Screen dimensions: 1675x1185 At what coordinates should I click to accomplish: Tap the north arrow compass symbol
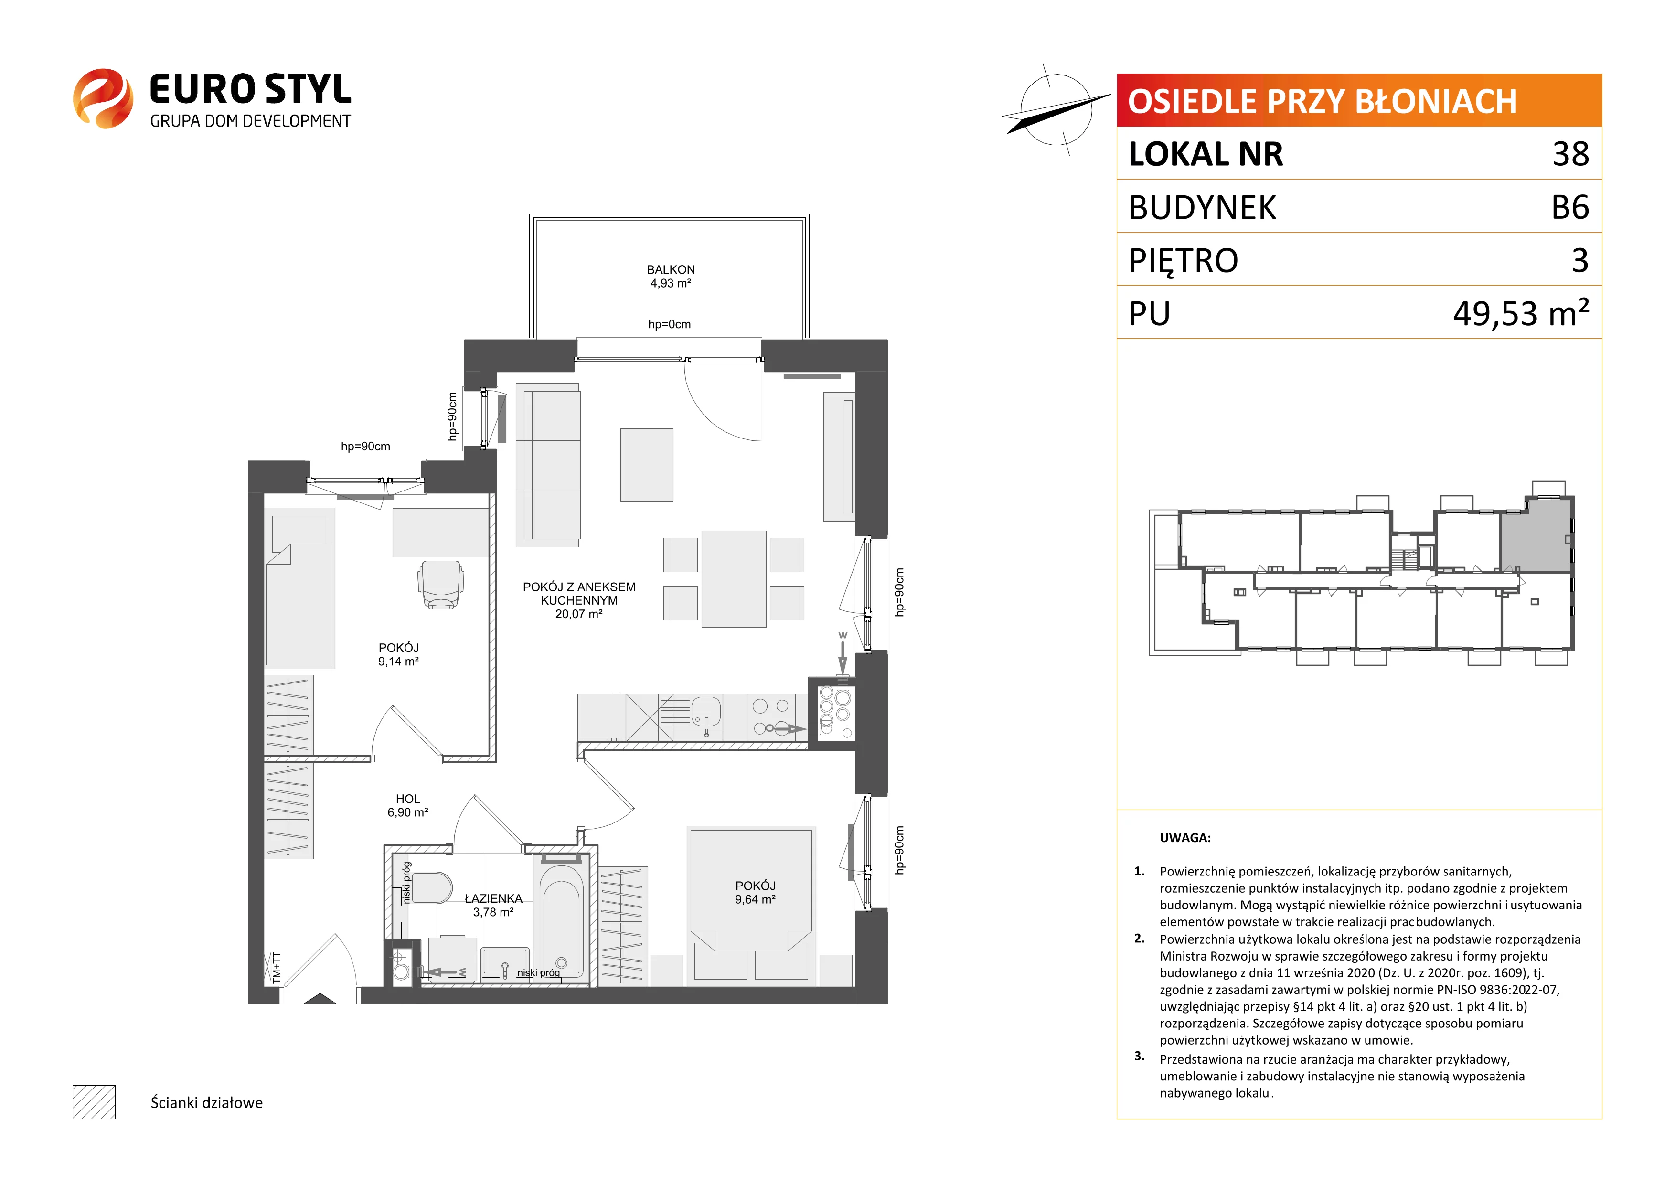[1055, 109]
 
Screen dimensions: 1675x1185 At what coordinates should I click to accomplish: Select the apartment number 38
[1571, 154]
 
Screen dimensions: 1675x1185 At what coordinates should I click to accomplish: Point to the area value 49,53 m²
[1521, 312]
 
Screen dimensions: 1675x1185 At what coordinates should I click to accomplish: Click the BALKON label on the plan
[671, 270]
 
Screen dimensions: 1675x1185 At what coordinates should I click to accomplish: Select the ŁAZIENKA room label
[493, 899]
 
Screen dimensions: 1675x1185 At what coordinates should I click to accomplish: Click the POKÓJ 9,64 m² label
[755, 892]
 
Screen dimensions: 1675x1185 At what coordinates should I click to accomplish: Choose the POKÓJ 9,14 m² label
[398, 654]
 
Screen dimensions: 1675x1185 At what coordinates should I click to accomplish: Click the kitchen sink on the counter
[705, 712]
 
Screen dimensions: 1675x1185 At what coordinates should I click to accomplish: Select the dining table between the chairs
[734, 578]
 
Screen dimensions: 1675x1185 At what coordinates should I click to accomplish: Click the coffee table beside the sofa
[646, 465]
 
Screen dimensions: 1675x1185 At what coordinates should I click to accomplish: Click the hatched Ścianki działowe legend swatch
[94, 1102]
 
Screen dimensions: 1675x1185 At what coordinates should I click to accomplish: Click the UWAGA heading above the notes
[1185, 838]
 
